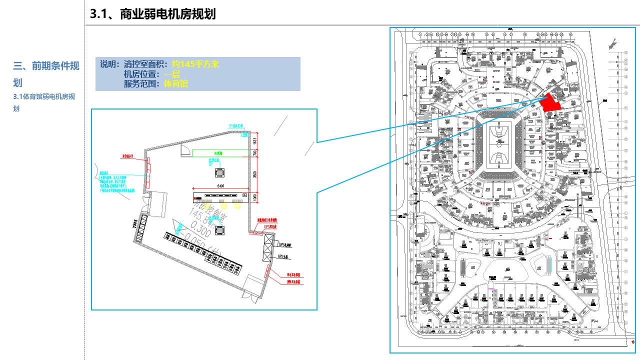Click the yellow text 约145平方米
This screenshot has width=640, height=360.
tap(195, 64)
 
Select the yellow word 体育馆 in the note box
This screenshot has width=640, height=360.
tap(176, 83)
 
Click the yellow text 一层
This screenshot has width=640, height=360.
tap(172, 74)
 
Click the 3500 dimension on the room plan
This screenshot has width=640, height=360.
tap(254, 174)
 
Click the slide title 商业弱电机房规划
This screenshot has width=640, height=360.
tap(152, 14)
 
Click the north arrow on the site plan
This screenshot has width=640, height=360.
tap(612, 44)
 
